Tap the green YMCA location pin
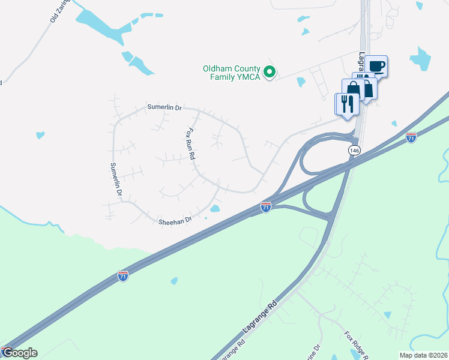[270, 73]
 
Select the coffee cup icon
[377, 65]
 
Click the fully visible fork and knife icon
[347, 104]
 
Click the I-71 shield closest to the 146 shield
[411, 137]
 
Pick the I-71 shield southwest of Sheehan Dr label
[122, 276]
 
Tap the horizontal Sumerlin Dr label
[164, 107]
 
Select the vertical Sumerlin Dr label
[115, 180]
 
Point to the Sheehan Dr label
[175, 221]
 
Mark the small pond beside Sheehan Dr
[215, 209]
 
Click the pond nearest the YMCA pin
[301, 82]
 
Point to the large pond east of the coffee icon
[421, 59]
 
